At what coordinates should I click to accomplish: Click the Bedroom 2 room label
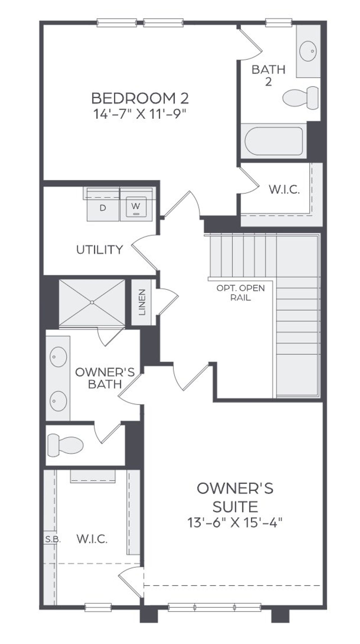[x=140, y=98]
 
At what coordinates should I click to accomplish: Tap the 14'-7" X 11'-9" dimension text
[x=140, y=114]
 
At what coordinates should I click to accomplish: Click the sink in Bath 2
[x=308, y=51]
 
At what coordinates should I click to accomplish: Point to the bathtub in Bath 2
[x=274, y=141]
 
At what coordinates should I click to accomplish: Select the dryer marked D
[x=103, y=207]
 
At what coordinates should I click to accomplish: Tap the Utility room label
[x=100, y=249]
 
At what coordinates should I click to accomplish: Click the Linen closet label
[x=142, y=302]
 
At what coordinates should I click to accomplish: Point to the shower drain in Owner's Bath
[x=92, y=302]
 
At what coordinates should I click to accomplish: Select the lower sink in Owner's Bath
[x=58, y=401]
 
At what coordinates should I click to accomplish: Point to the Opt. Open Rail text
[x=241, y=293]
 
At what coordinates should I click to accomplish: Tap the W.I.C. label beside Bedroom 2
[x=284, y=190]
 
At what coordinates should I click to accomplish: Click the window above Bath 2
[x=279, y=23]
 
